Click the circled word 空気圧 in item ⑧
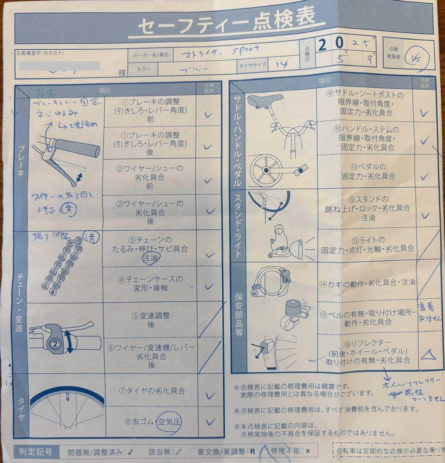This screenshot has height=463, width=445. [169, 421]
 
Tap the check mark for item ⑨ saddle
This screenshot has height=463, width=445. [424, 113]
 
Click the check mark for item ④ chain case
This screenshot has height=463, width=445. [209, 286]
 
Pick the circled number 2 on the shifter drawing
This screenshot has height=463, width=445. [55, 343]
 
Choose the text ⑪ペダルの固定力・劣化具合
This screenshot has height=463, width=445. [368, 171]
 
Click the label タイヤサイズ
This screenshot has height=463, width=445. [253, 66]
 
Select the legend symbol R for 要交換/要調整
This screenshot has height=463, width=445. [253, 451]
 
